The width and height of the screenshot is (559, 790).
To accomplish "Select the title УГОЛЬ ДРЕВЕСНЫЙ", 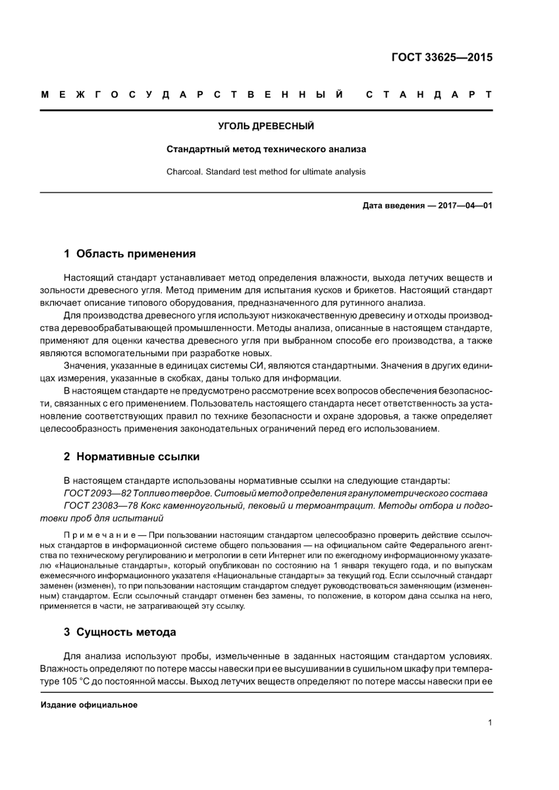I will tap(265, 126).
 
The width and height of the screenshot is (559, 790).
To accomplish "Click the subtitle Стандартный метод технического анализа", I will tap(265, 149).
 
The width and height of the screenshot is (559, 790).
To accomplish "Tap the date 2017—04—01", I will tap(465, 206).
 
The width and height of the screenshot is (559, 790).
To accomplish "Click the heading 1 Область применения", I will tap(129, 254).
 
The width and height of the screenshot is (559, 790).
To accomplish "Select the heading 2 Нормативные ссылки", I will tap(131, 457).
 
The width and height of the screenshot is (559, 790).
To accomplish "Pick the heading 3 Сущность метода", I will tap(119, 632).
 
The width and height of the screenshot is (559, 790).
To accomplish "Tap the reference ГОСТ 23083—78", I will tap(99, 506).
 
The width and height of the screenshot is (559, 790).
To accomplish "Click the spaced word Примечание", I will tap(97, 535).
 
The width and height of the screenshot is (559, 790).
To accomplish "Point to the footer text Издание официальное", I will tap(89, 705).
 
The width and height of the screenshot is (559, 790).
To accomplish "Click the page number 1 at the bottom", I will tap(490, 722).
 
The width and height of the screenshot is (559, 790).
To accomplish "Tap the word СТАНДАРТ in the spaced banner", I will tap(429, 95).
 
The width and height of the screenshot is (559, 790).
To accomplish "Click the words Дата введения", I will tap(393, 206).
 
